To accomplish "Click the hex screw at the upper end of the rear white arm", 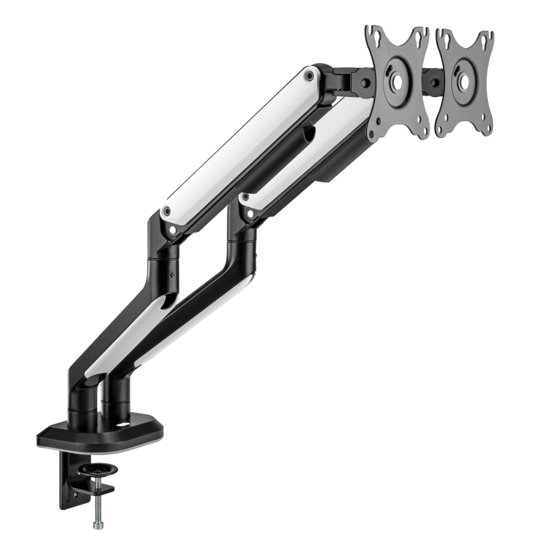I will click(x=309, y=74).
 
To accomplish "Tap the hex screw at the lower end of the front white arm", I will click(x=246, y=198).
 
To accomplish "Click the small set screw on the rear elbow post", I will click(x=171, y=276).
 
